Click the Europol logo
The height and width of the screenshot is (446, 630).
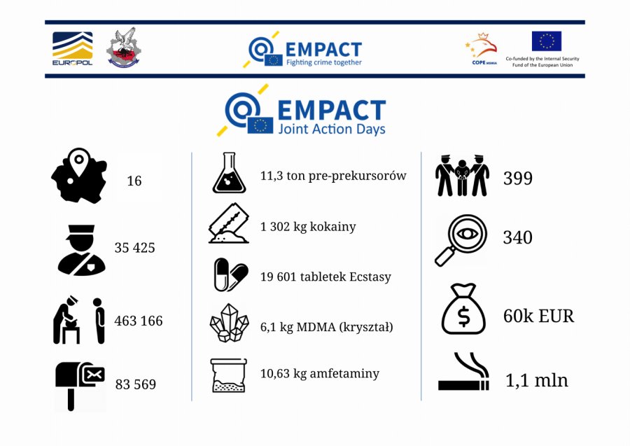[x=73, y=48]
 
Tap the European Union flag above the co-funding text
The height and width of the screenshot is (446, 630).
[x=547, y=41]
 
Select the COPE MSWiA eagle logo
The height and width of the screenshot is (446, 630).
[x=484, y=48]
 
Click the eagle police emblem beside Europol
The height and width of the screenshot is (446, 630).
[x=124, y=48]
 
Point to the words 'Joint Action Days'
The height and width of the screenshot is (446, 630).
[x=332, y=129]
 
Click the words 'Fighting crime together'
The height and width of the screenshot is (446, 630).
[x=324, y=62]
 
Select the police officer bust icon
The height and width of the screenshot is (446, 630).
[x=82, y=250]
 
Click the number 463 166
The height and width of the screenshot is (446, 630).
[x=139, y=321]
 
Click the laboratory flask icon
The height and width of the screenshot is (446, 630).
[x=229, y=172]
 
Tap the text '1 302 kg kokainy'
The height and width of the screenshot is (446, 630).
[x=308, y=227]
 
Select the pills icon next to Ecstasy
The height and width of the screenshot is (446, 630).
[x=230, y=274]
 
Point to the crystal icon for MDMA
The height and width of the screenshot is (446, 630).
[x=230, y=323]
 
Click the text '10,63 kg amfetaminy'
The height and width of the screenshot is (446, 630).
[x=320, y=374]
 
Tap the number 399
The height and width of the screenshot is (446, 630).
[x=518, y=178]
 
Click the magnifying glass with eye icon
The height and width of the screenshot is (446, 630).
[x=461, y=240]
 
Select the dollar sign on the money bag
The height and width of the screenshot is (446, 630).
[x=463, y=316]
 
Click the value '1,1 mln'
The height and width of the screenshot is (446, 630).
[x=537, y=380]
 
